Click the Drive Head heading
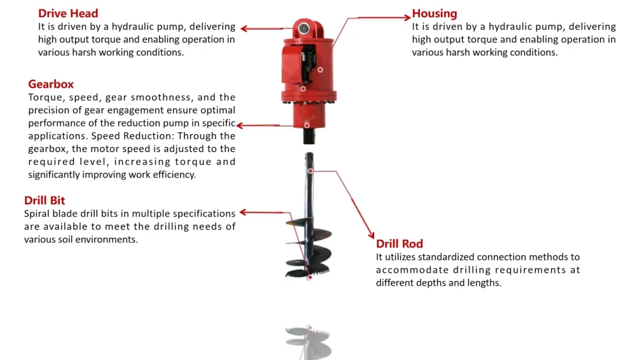(68, 13)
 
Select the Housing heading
(435, 13)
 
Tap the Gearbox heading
(51, 84)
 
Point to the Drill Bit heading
(45, 200)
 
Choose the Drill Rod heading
(399, 244)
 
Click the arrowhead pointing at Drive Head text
(244, 29)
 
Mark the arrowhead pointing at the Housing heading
(407, 17)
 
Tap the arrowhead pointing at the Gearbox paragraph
(241, 125)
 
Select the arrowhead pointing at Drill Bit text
(242, 212)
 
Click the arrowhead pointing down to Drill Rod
(371, 235)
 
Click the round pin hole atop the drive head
(304, 29)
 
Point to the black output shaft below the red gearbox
(309, 136)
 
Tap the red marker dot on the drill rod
(311, 170)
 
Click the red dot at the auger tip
(310, 277)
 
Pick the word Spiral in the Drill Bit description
(36, 214)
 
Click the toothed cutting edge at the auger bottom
(309, 272)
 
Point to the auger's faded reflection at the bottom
(309, 342)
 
